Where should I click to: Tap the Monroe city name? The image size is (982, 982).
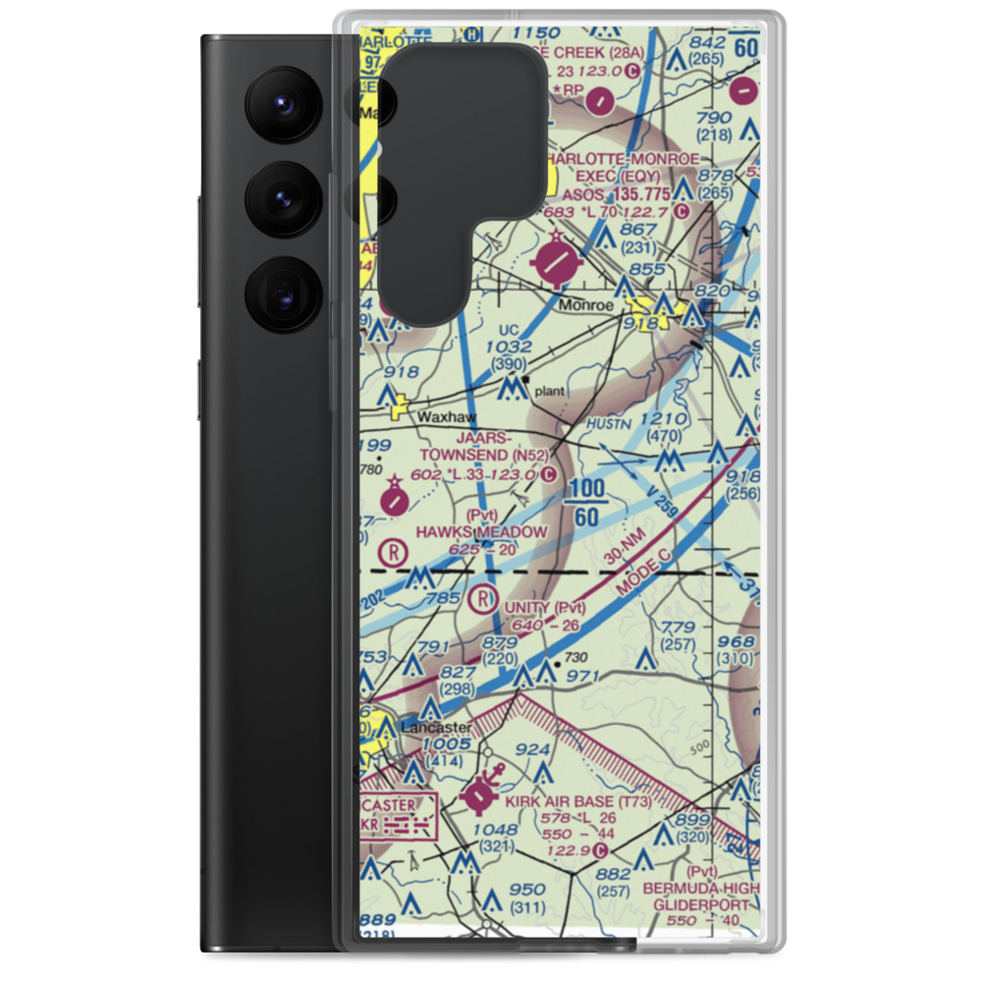586,305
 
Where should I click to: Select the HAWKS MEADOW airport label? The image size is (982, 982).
480,531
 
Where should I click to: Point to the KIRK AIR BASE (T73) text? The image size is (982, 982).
582,802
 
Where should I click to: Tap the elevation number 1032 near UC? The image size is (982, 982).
509,347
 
